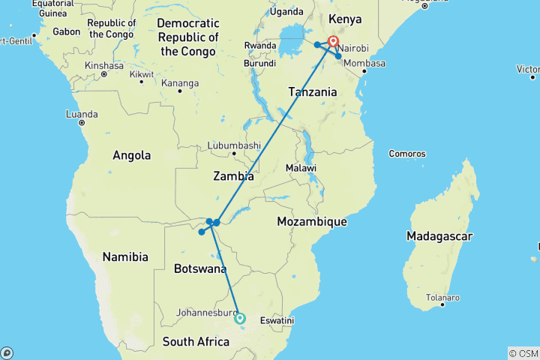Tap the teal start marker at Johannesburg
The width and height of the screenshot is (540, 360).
tap(240, 318)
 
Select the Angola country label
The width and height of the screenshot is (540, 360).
tap(132, 156)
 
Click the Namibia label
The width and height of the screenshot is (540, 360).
tap(125, 257)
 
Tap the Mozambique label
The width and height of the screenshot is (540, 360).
tap(311, 222)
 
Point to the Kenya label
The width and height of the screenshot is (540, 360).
tap(345, 19)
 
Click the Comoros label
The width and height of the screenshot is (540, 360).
tap(407, 154)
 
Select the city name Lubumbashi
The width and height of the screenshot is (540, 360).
tap(235, 145)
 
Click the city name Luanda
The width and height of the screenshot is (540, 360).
tap(82, 114)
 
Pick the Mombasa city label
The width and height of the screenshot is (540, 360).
tap(363, 63)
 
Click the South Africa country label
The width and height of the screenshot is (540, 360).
tap(196, 342)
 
